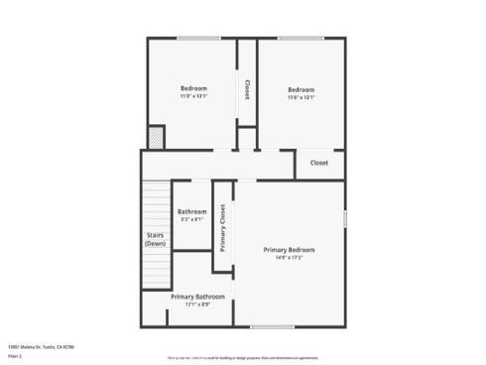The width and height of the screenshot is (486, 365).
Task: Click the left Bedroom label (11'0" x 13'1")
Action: coord(193,88)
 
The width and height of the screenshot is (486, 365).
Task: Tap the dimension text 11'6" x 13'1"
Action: coord(301,97)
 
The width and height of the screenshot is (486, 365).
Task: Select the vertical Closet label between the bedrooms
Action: coord(246,90)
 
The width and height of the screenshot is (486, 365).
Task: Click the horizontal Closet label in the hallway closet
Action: coord(319,163)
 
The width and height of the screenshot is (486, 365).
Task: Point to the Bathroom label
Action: coord(192,211)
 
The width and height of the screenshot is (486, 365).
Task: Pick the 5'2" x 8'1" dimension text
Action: coord(192,219)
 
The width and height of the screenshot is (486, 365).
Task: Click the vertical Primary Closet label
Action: coord(223,227)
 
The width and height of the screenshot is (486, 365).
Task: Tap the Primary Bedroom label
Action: coord(290,249)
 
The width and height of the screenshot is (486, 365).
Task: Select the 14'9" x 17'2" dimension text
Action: coord(290,258)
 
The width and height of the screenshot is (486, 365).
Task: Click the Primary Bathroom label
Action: coord(197,297)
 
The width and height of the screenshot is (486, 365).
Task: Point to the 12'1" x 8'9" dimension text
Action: coord(197,304)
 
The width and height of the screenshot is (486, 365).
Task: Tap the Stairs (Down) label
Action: coord(155,239)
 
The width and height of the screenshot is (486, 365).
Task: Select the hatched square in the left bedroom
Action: coord(155,137)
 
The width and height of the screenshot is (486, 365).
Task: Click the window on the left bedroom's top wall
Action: coord(198,39)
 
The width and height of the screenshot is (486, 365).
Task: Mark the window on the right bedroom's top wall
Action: coord(301,39)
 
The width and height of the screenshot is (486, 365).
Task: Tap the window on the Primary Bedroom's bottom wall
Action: coord(272,326)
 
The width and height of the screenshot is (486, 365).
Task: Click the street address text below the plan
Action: coord(41,346)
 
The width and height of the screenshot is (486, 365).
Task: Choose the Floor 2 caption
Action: coord(15,355)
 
